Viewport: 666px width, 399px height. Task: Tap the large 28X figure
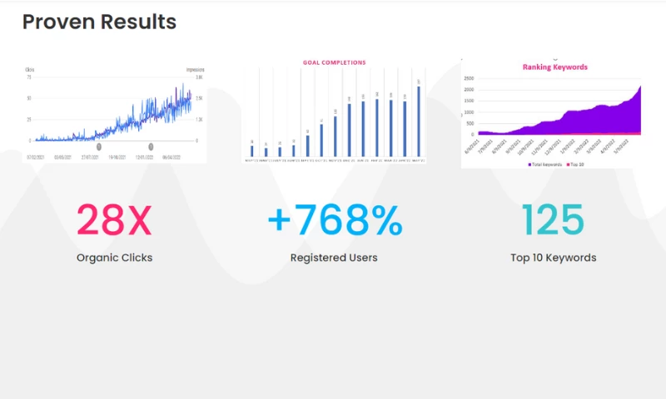(114, 219)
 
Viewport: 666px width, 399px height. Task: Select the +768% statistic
(335, 219)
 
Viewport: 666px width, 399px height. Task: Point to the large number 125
(553, 219)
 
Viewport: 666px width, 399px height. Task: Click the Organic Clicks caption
(114, 258)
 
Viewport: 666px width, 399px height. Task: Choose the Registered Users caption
(334, 258)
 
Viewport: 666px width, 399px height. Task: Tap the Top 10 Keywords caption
(553, 258)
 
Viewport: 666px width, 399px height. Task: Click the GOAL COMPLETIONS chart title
(334, 62)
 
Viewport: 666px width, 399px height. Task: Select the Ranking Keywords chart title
(554, 67)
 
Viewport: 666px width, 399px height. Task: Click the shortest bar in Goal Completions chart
(266, 152)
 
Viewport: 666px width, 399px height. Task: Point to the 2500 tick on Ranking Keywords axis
(469, 79)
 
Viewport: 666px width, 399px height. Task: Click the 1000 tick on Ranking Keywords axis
(469, 111)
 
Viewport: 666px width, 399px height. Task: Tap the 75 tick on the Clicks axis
(29, 77)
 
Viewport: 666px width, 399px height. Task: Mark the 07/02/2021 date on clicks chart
(35, 156)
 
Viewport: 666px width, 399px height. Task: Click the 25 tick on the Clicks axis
(29, 119)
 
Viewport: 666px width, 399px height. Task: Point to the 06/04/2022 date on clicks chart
(172, 156)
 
